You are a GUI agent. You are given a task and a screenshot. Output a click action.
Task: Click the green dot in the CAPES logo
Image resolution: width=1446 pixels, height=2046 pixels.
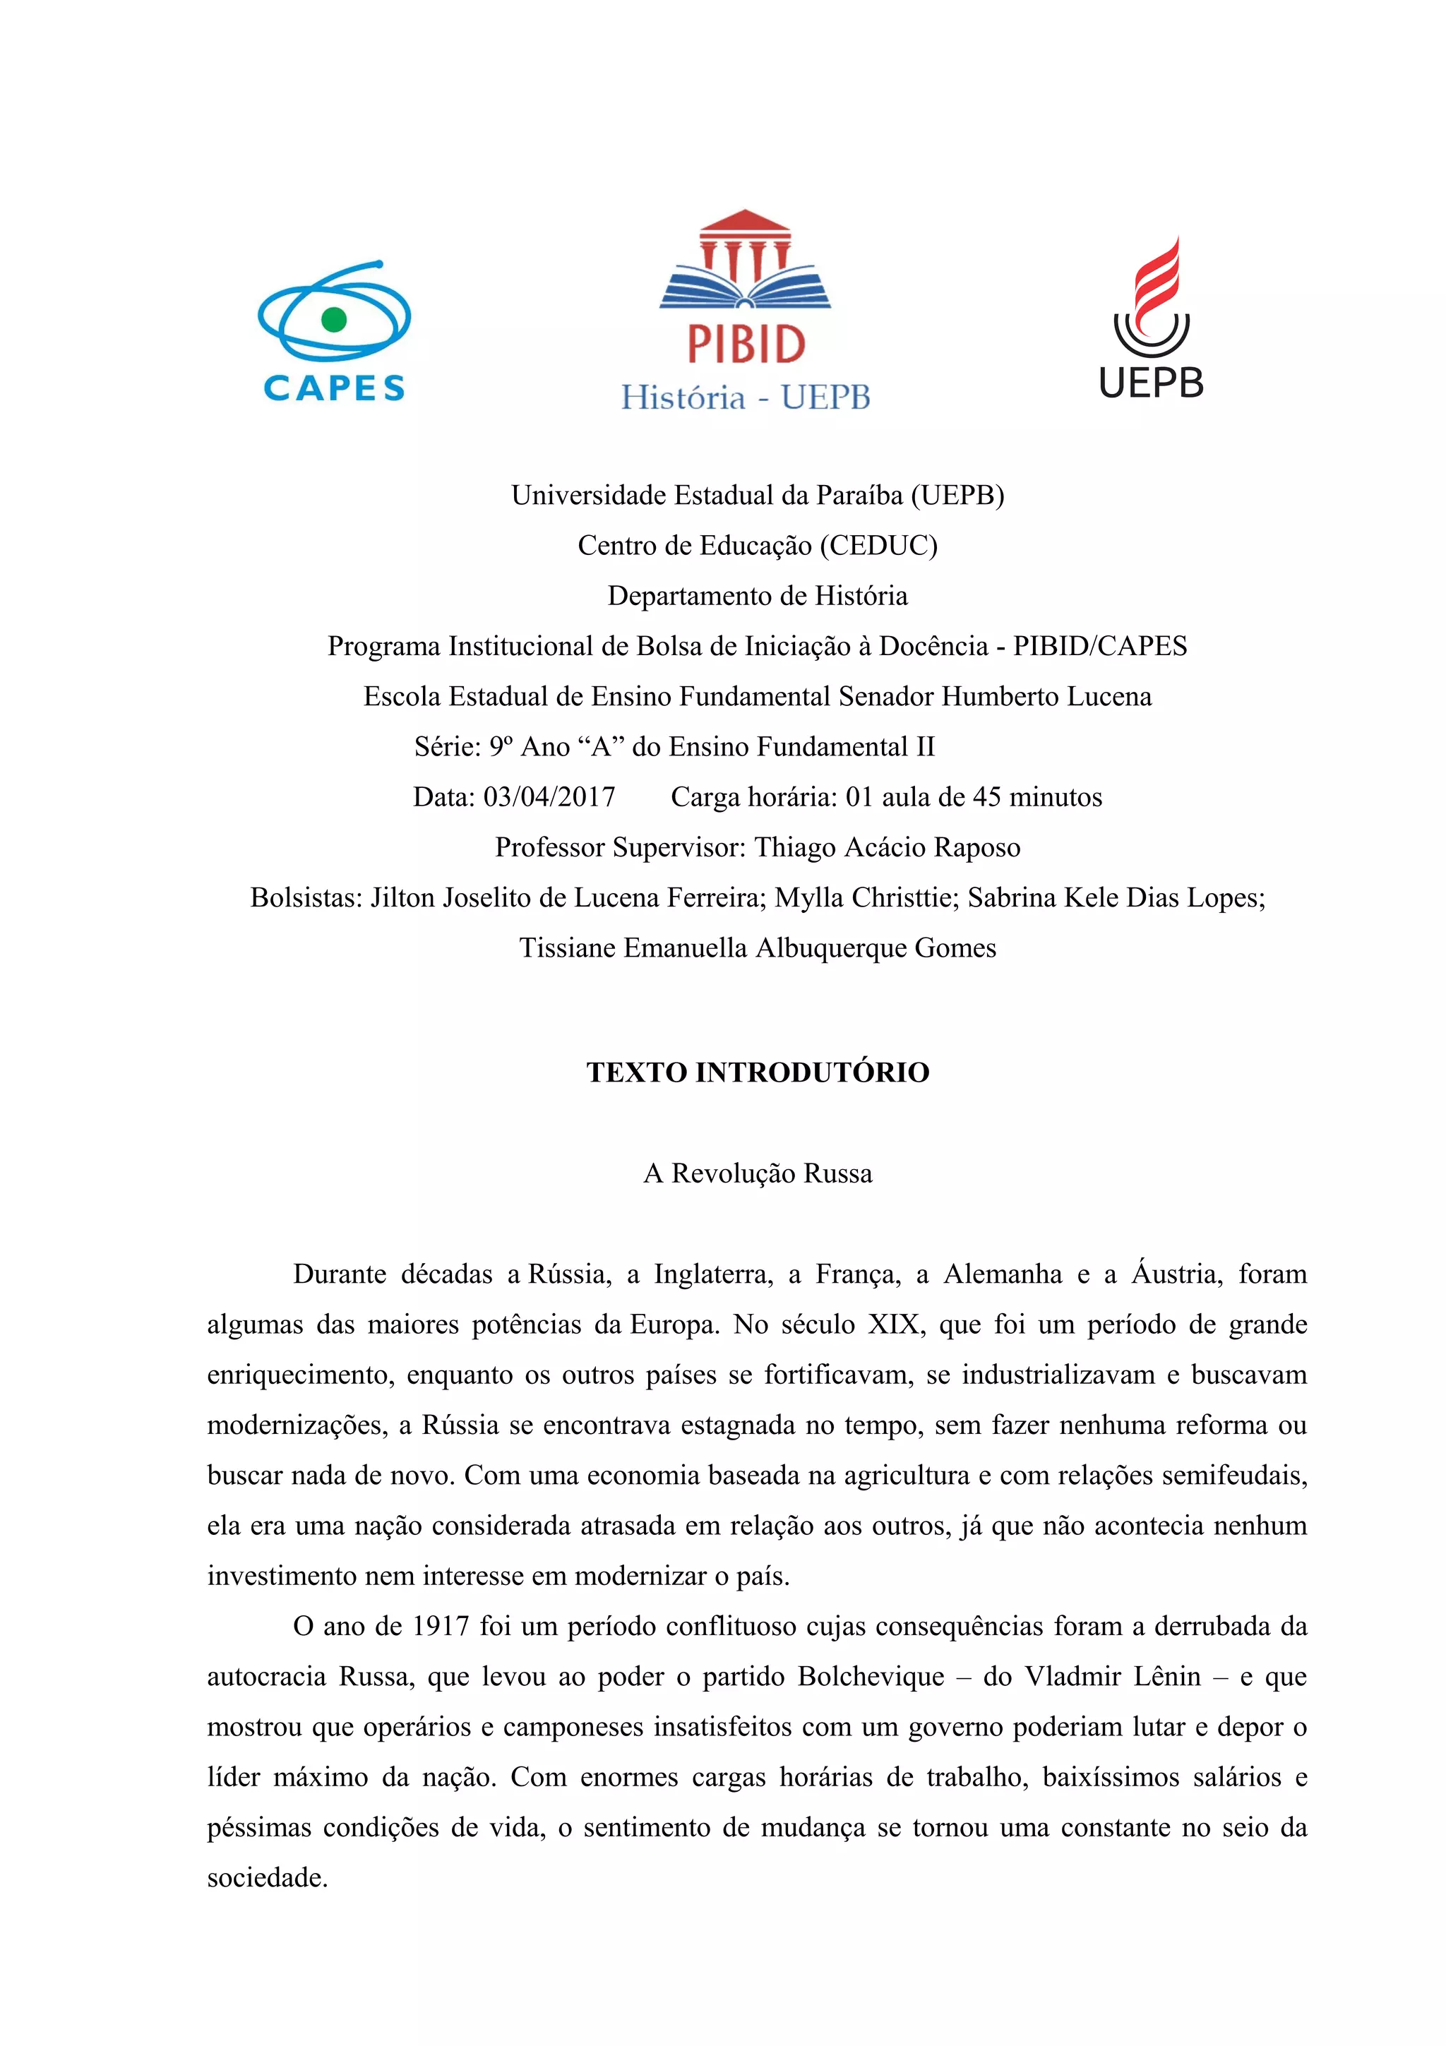[x=333, y=319]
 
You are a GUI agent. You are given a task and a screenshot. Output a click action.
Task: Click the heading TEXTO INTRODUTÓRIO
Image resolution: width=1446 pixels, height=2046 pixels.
[x=758, y=1072]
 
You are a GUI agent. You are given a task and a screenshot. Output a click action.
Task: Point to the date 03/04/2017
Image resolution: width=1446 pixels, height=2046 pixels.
[x=549, y=796]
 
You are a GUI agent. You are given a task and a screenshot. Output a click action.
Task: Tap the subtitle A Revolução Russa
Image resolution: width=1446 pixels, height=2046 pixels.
[x=758, y=1173]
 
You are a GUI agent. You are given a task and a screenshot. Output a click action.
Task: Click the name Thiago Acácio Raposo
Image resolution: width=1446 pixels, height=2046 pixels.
[x=887, y=847]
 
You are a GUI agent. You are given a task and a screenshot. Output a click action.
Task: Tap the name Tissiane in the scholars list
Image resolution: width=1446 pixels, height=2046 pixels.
[x=568, y=948]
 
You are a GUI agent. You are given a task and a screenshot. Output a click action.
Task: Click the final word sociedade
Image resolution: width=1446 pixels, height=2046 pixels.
[x=268, y=1877]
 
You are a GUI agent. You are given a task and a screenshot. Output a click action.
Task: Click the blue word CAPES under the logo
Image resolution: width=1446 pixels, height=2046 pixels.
[x=334, y=388]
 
